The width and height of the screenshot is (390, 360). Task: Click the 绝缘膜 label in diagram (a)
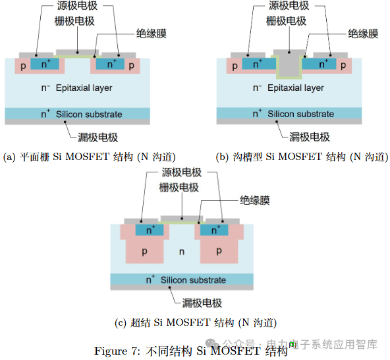pos(152,34)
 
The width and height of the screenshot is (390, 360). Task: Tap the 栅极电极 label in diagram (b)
pos(286,21)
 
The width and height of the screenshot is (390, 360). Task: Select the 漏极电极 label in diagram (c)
pos(202,303)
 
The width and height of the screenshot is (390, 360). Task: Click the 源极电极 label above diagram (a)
pos(77,5)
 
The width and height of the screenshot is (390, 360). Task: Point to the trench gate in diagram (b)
pos(289,63)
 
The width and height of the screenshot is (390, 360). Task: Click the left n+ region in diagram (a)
pos(45,64)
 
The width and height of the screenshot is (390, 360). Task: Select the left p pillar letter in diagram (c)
pos(144,251)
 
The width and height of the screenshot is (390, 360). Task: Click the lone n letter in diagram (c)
pos(182,252)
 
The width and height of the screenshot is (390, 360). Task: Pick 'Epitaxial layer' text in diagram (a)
pos(84,88)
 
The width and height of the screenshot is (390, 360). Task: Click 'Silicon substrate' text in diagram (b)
pos(300,114)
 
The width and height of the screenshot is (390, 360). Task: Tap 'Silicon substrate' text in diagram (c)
pos(193,280)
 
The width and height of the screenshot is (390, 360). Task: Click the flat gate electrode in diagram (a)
pos(77,53)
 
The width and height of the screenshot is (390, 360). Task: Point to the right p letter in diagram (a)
pos(131,66)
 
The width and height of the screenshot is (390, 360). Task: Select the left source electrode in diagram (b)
pos(248,55)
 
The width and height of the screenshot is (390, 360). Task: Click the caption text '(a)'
pos(9,157)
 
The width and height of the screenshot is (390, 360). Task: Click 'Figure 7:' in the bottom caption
pos(117,351)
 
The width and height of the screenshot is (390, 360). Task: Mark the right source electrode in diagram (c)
pos(223,221)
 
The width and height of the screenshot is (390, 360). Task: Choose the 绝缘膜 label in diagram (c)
pos(255,200)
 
